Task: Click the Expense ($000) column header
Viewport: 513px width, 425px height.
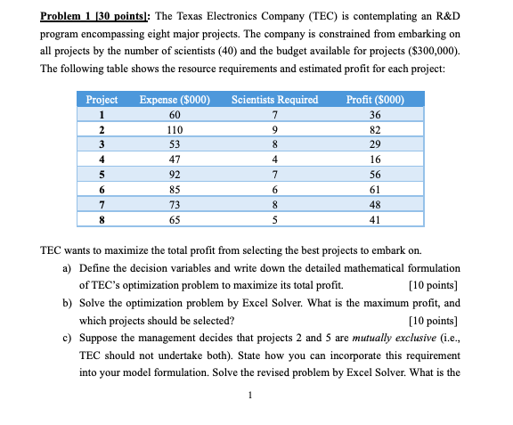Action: [175, 99]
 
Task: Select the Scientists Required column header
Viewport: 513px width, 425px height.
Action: [274, 99]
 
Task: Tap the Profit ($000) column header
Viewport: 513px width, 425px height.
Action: [374, 99]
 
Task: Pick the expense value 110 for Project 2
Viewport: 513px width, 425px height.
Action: [175, 128]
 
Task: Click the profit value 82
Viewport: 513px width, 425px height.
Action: [374, 128]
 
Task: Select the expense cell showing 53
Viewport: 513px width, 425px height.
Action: [175, 143]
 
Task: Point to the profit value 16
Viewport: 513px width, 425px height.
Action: [374, 159]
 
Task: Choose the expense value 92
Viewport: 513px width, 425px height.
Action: [175, 173]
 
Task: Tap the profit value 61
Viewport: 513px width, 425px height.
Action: [374, 188]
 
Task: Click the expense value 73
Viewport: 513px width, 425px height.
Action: [175, 203]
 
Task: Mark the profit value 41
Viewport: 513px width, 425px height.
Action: [374, 218]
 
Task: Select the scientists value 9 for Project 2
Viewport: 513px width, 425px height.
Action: [275, 128]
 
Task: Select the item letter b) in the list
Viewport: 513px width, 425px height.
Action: [68, 304]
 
